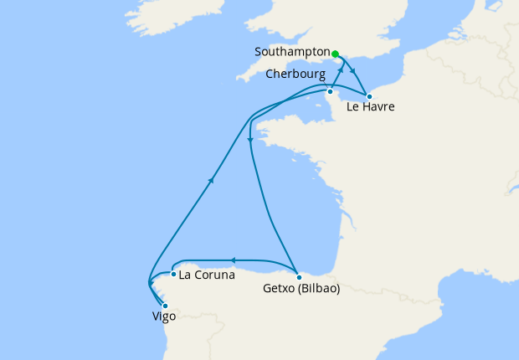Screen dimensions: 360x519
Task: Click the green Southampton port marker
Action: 336,54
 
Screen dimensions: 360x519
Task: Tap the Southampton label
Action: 292,52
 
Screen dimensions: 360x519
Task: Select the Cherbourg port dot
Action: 331,91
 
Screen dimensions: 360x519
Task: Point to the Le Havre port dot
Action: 369,95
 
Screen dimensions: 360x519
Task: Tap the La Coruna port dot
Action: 172,274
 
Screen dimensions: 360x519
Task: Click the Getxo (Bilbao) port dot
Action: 299,276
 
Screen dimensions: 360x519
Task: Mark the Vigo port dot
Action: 165,306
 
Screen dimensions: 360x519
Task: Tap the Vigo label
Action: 164,317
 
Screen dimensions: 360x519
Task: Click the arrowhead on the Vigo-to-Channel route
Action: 213,178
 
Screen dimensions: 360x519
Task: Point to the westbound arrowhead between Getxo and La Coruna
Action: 233,260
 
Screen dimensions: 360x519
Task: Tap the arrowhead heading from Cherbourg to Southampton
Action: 342,69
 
